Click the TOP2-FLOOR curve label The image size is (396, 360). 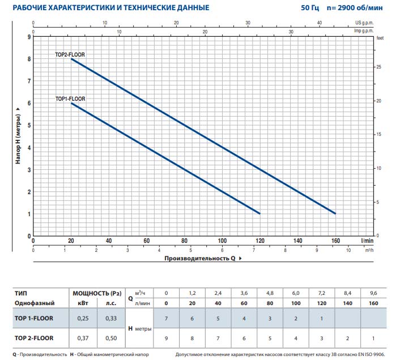[x=70, y=55]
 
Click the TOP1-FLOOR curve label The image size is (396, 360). [x=70, y=98]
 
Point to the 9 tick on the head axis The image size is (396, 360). [x=28, y=37]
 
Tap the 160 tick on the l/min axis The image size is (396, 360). [x=336, y=240]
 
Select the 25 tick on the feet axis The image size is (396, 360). [x=379, y=67]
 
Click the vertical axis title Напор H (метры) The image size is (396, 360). [x=18, y=136]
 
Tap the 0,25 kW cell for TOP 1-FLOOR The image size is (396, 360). [x=82, y=318]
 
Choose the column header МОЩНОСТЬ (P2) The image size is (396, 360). [x=97, y=293]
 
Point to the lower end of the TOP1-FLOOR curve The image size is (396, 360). [x=259, y=213]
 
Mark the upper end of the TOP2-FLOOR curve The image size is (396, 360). [x=71, y=59]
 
